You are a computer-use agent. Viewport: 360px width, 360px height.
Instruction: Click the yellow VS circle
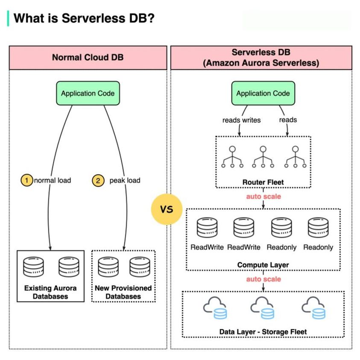point(167,209)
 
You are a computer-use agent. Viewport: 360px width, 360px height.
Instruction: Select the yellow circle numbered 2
point(98,180)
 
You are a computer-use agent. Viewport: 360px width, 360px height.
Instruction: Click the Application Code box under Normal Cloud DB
point(88,94)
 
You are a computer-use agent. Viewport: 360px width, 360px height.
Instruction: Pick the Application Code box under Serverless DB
point(263,94)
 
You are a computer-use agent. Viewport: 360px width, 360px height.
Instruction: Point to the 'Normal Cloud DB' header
point(88,57)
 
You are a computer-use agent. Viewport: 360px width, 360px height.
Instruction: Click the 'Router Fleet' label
point(263,182)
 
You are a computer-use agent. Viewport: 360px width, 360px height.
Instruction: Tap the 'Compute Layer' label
point(263,265)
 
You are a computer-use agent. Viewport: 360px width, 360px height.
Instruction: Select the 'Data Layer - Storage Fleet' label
point(263,331)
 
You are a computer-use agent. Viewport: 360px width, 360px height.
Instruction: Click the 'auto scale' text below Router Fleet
point(263,196)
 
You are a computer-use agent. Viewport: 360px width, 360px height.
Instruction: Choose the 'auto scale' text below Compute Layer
point(263,279)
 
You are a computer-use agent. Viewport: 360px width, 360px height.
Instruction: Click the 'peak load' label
point(125,180)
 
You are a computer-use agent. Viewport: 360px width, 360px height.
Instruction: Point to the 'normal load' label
point(52,180)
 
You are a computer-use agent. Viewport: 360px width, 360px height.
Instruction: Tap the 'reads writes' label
point(241,120)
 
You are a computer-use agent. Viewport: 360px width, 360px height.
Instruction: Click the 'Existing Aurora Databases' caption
point(50,292)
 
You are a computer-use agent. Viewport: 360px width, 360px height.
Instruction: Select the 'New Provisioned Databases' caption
point(123,292)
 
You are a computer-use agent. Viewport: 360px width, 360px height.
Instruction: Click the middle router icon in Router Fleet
point(263,157)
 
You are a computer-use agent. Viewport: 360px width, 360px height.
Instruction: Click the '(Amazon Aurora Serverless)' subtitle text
point(261,63)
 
